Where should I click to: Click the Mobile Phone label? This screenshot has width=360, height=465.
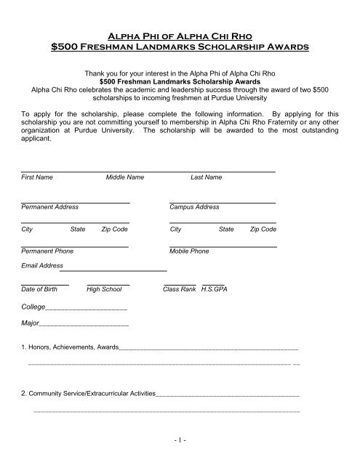coord(189,251)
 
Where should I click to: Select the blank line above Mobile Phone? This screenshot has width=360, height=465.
coord(223,245)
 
